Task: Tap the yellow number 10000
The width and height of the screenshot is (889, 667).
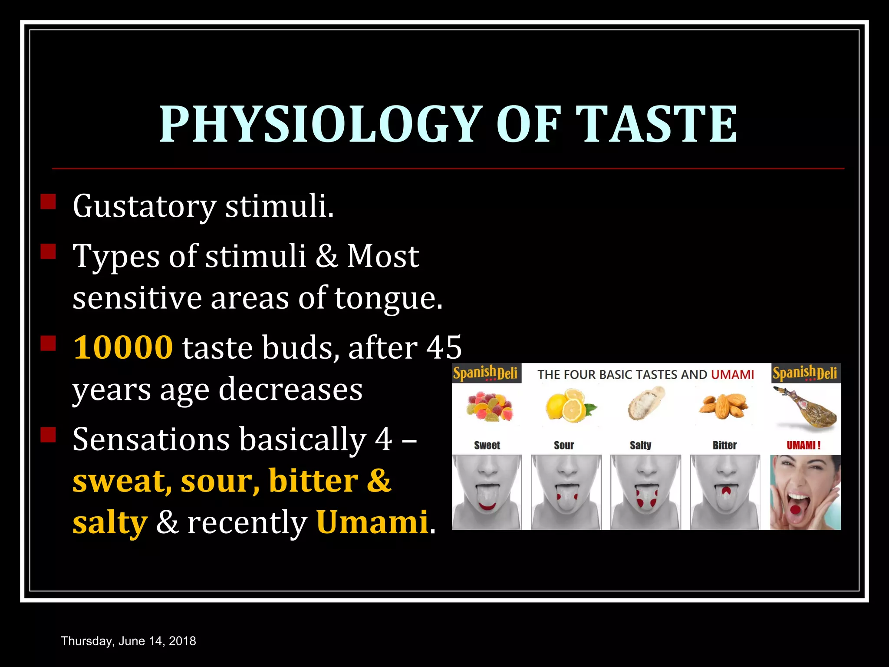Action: click(123, 347)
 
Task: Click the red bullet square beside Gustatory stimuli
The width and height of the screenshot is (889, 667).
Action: click(48, 202)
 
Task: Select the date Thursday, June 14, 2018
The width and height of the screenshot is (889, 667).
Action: click(128, 641)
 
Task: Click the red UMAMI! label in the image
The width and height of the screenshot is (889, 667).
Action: click(803, 445)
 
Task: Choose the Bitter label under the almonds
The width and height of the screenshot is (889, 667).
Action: click(724, 445)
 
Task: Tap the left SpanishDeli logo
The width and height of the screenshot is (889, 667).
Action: click(486, 373)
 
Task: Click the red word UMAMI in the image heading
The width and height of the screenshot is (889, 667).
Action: click(732, 374)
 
